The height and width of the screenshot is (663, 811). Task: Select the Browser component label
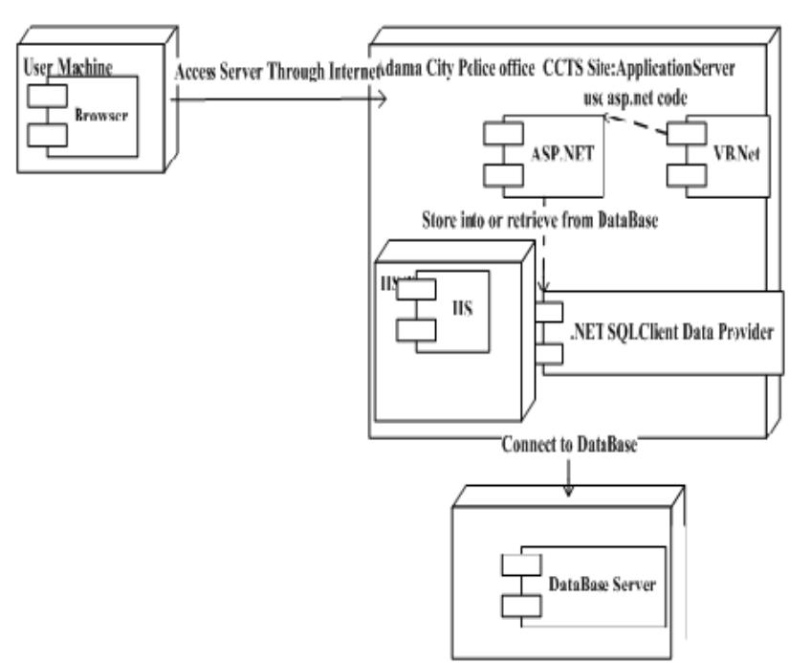pyautogui.click(x=100, y=114)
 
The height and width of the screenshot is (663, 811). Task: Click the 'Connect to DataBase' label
pyautogui.click(x=569, y=446)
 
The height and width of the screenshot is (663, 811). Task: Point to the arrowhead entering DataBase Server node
pyautogui.click(x=569, y=490)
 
